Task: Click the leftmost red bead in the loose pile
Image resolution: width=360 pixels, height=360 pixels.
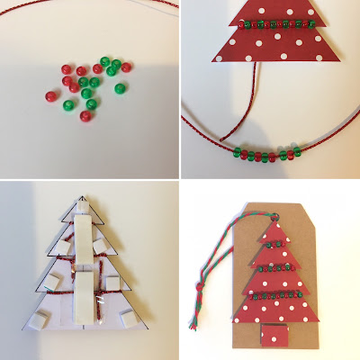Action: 50,94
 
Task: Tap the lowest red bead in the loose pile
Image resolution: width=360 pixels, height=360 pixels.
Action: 86,116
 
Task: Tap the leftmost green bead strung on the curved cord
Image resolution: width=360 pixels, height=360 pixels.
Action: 236,149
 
